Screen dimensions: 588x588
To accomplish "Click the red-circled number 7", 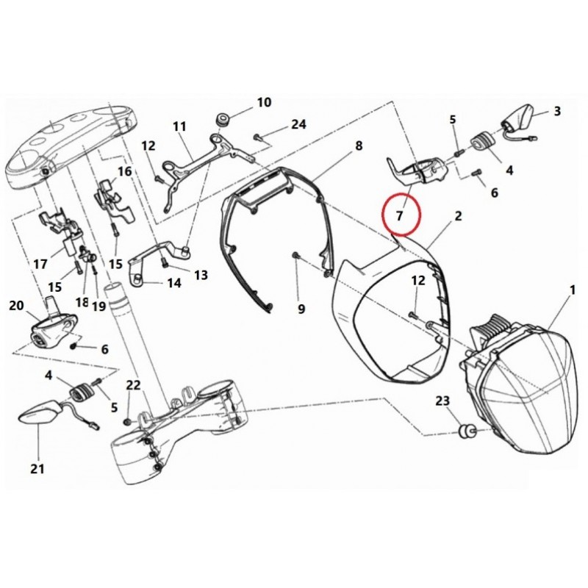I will [x=400, y=216].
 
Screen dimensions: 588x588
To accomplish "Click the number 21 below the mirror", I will [x=37, y=469].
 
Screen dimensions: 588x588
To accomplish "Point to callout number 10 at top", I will [x=263, y=102].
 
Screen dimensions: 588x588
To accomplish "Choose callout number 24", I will [x=298, y=124].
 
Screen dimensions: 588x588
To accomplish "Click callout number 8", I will [x=359, y=146].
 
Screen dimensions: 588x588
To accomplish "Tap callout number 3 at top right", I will [x=557, y=112].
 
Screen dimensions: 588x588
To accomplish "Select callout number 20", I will [x=16, y=306].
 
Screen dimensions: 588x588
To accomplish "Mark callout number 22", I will [x=132, y=385].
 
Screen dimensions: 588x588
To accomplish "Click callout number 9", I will [x=301, y=309].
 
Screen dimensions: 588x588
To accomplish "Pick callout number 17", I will [x=39, y=263].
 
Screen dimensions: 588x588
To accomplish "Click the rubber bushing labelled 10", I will [x=223, y=120].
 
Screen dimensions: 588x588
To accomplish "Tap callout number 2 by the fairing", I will [x=458, y=216].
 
